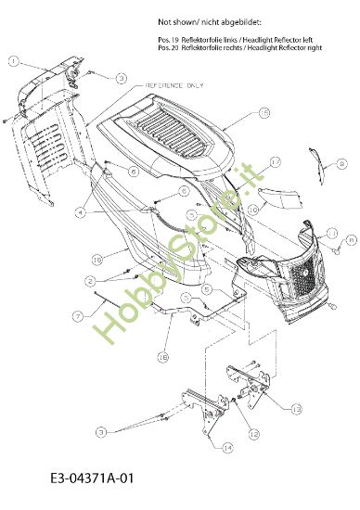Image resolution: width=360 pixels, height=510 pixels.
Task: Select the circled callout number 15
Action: pyautogui.click(x=264, y=113)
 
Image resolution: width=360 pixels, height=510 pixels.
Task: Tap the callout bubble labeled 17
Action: pyautogui.click(x=275, y=161)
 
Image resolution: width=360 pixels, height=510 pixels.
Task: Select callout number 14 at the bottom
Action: pyautogui.click(x=227, y=446)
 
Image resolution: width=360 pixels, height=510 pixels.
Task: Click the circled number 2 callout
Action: pyautogui.click(x=90, y=280)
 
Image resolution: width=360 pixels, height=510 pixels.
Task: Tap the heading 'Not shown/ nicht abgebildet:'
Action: pyautogui.click(x=209, y=19)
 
